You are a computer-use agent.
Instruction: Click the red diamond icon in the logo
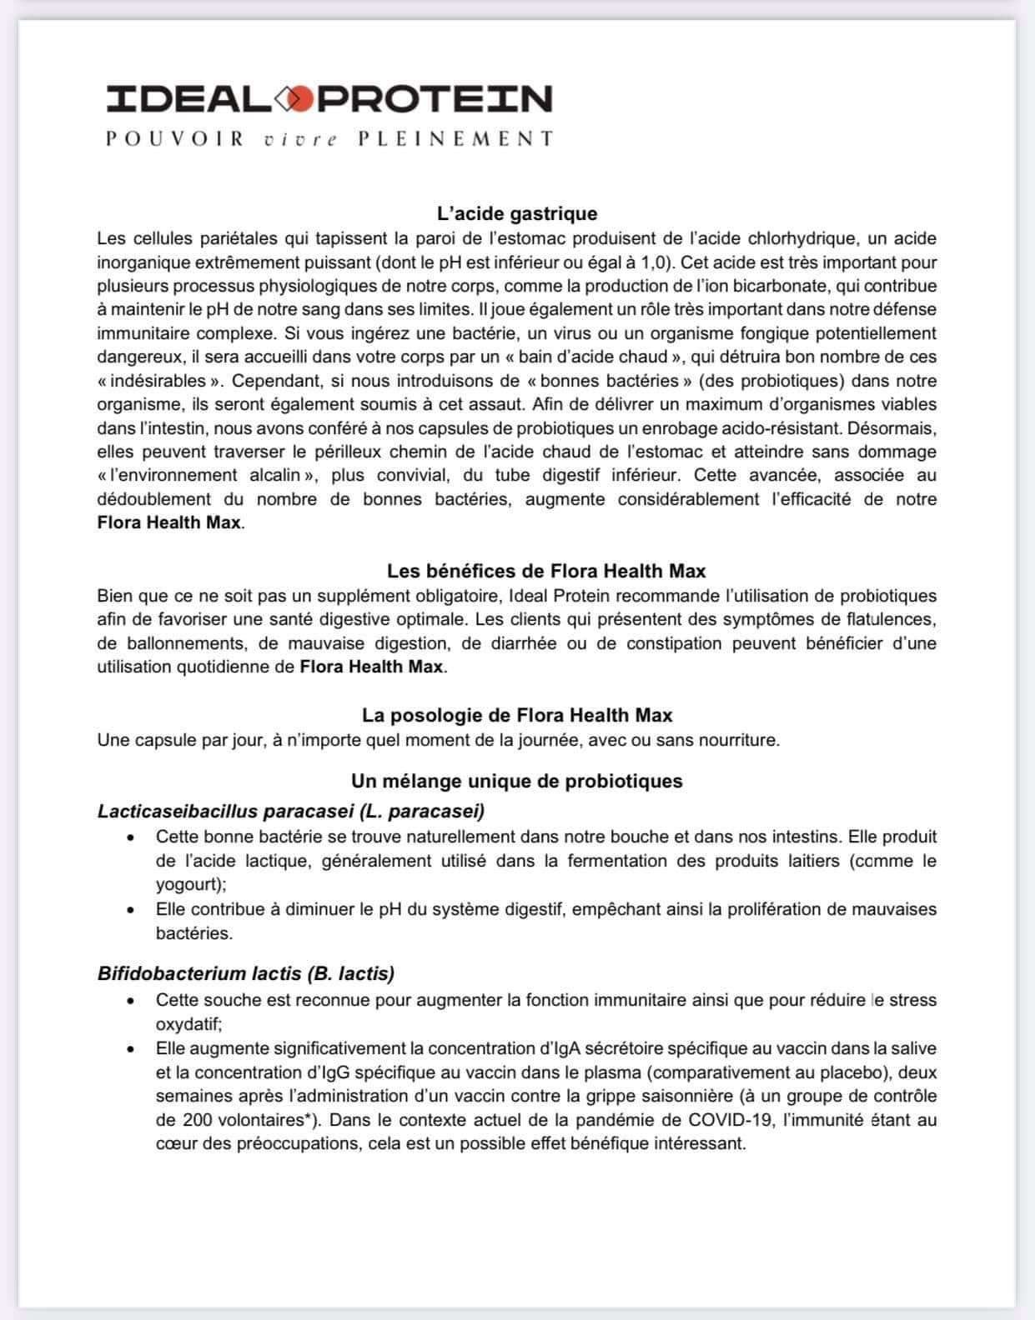tap(300, 99)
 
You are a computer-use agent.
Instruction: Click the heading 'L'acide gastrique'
tap(516, 214)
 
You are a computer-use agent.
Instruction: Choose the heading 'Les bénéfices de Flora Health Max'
tap(545, 572)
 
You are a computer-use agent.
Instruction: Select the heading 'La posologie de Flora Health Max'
tap(517, 715)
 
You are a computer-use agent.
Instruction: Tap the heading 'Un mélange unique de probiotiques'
tap(516, 781)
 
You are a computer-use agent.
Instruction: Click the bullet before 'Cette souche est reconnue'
tap(130, 1000)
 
